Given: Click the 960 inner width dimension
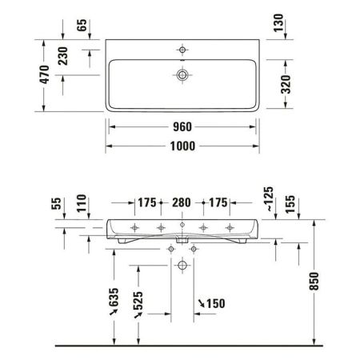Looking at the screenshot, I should click(184, 126).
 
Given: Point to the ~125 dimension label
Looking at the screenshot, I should click(268, 198).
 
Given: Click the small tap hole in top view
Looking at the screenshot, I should click(183, 50).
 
